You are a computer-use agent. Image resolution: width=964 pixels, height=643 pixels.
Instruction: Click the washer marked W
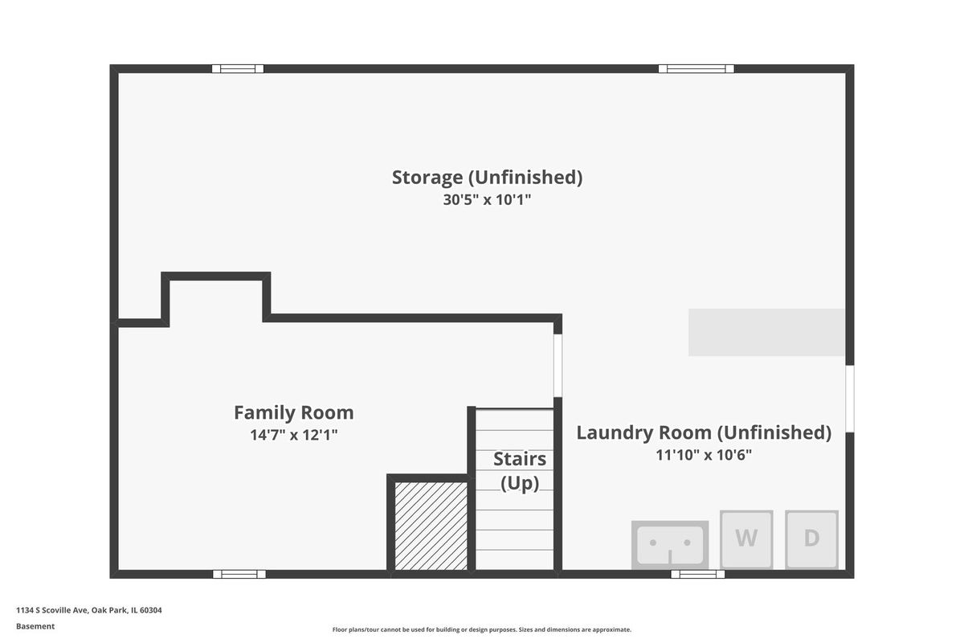tap(746, 539)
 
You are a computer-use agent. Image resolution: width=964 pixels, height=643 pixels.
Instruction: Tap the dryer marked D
tap(811, 539)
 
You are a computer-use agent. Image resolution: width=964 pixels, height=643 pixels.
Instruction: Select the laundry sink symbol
tap(670, 545)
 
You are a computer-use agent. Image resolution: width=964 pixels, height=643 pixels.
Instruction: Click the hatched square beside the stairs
tap(431, 526)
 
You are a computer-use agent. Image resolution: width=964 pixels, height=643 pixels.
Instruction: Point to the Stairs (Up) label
tap(520, 471)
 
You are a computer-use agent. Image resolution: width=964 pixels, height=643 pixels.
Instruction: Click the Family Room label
tap(294, 412)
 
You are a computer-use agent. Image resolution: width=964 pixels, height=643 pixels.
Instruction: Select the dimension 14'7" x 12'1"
tap(294, 435)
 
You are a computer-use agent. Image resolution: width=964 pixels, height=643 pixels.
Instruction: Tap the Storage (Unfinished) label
tap(487, 177)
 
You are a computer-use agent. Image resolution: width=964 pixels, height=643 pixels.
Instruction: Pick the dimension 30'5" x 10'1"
tap(487, 200)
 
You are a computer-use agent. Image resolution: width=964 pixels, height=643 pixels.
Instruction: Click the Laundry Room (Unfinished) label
tap(704, 432)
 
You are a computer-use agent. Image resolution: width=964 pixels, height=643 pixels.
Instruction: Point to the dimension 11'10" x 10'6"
tap(704, 455)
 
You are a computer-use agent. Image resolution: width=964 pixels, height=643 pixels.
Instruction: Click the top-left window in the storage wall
tap(238, 69)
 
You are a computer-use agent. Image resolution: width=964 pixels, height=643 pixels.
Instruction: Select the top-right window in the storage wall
tap(696, 69)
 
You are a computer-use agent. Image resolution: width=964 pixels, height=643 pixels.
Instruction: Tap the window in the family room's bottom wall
tap(239, 574)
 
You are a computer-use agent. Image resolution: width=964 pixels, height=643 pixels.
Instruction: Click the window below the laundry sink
tap(697, 574)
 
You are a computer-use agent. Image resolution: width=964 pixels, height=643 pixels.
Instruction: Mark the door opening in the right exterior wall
tap(850, 399)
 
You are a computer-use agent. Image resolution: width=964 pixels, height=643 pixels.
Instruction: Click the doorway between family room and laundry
tap(558, 366)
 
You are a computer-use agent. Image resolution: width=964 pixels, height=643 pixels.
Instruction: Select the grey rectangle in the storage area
tap(766, 333)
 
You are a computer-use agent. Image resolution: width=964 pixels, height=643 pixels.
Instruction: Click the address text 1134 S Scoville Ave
tap(52, 610)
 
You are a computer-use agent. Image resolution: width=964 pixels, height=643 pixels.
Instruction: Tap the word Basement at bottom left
tap(35, 626)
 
